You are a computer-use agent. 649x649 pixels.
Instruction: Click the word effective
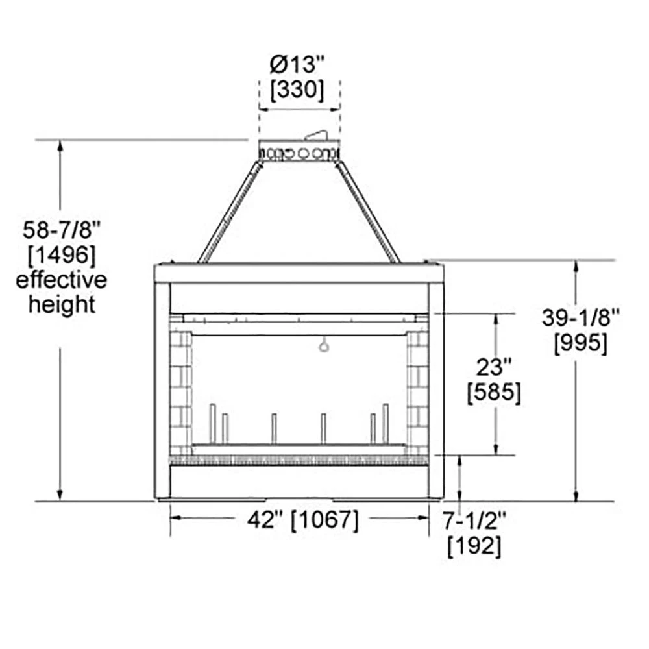(x=62, y=280)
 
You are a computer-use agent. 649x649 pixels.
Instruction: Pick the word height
(x=62, y=304)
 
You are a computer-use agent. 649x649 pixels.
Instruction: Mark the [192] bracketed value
(x=474, y=546)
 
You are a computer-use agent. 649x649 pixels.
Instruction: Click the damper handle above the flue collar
(x=317, y=135)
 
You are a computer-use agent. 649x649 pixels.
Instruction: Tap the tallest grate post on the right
(x=386, y=423)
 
